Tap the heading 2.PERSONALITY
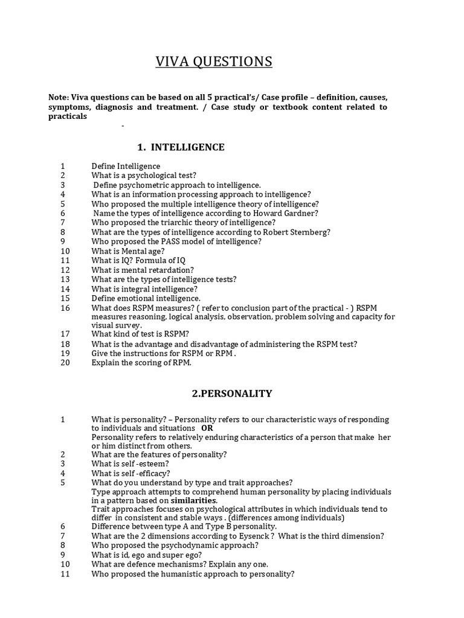point(232,393)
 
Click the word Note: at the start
point(59,97)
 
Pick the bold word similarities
point(194,500)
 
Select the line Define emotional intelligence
point(146,298)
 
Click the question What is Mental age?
point(130,251)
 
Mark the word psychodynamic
point(185,545)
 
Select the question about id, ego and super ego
point(146,555)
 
